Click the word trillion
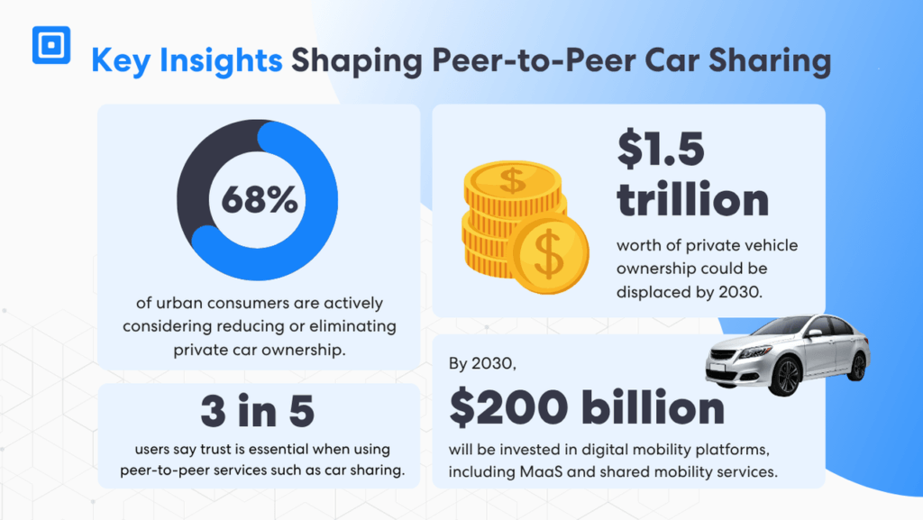click(x=692, y=199)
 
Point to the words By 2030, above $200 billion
click(x=480, y=365)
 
